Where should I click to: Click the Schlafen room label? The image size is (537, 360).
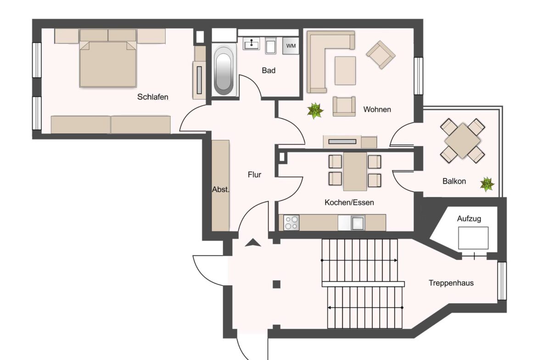click(x=152, y=97)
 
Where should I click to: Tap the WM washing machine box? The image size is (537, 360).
click(x=291, y=46)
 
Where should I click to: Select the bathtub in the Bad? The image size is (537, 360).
click(x=224, y=72)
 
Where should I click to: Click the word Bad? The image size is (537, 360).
click(x=268, y=71)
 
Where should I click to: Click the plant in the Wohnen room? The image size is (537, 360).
click(x=315, y=110)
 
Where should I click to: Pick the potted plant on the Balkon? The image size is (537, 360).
click(x=487, y=184)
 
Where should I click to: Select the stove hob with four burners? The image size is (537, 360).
click(x=291, y=223)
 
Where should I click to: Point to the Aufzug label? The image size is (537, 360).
click(x=469, y=219)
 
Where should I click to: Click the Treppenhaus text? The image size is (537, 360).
click(x=451, y=283)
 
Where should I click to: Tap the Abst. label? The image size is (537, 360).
click(x=220, y=189)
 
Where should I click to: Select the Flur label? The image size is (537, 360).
click(x=254, y=175)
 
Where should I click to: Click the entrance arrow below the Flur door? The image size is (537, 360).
click(x=252, y=243)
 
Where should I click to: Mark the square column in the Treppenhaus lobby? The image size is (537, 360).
click(x=276, y=284)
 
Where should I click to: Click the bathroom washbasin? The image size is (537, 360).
click(x=251, y=44)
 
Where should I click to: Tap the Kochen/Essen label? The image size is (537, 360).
click(x=349, y=202)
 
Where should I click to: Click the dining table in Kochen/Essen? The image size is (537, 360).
click(x=355, y=172)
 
